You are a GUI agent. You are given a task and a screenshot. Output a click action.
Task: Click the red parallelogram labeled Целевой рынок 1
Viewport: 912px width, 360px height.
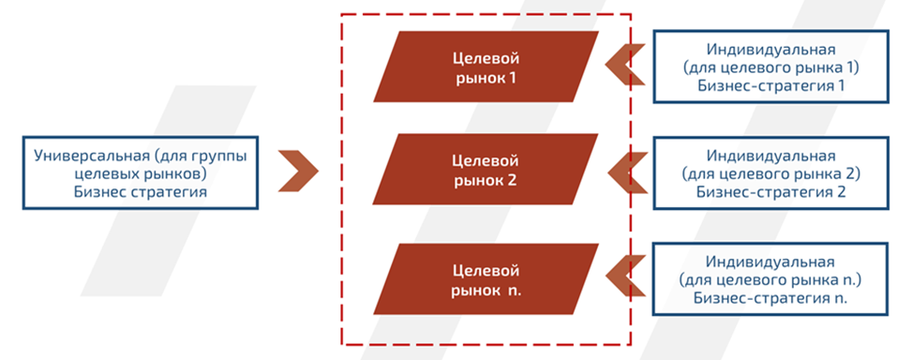(x=485, y=67)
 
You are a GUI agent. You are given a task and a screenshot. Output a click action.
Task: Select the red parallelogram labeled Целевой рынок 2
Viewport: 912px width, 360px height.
(x=485, y=170)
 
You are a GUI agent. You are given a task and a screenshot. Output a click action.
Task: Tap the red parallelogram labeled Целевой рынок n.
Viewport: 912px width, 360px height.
(x=485, y=278)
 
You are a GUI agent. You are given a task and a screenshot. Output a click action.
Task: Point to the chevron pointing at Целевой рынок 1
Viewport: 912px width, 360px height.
(x=621, y=66)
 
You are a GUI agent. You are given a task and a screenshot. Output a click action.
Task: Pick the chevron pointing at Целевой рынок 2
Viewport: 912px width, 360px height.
(x=621, y=172)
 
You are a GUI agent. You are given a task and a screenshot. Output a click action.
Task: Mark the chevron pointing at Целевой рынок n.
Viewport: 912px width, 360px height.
(x=621, y=277)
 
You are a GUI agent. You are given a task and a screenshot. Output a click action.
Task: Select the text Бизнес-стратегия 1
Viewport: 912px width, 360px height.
(x=772, y=85)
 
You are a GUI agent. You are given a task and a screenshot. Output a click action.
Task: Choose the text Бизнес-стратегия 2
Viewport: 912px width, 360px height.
(x=772, y=191)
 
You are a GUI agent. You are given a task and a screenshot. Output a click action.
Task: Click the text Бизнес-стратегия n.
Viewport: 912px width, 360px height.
(x=772, y=298)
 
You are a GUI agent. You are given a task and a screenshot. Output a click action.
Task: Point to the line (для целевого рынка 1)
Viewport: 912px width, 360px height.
(x=772, y=67)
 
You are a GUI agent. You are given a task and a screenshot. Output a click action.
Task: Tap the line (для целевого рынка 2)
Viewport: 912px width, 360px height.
(x=772, y=173)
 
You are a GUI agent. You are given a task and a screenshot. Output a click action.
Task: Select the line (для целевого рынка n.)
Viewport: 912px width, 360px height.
(x=772, y=280)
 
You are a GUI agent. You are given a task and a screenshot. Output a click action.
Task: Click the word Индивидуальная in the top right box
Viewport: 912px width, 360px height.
(x=772, y=50)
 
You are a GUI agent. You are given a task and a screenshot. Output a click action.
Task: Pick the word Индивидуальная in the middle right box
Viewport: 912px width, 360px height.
(x=772, y=156)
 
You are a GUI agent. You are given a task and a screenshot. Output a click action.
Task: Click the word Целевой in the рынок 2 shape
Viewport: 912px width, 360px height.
(x=485, y=160)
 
